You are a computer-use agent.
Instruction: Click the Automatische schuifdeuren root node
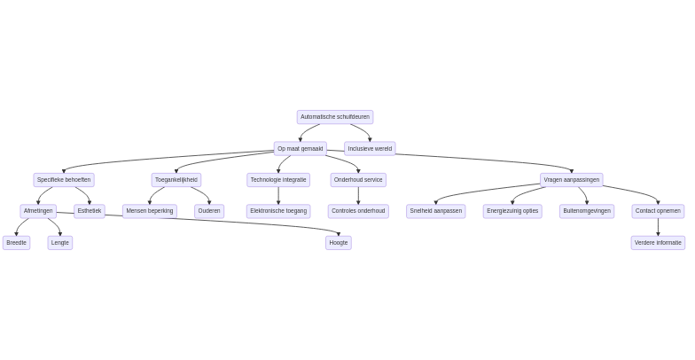coord(334,117)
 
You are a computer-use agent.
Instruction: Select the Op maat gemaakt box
coord(300,149)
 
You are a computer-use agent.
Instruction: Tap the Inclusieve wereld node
coord(370,149)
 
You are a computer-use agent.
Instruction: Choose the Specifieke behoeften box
coord(64,180)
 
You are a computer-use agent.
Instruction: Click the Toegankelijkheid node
coord(176,180)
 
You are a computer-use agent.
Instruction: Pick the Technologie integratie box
coord(278,180)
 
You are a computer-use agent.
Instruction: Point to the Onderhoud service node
coord(358,180)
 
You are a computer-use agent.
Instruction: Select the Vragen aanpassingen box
coord(572,180)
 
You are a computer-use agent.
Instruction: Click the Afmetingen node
coord(38,211)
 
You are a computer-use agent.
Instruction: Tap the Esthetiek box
coord(90,211)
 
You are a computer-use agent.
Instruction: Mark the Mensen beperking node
coord(150,211)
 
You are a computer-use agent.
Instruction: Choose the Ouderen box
coord(209,211)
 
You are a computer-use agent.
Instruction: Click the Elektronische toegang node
coord(278,211)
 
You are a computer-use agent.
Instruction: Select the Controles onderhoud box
coord(358,211)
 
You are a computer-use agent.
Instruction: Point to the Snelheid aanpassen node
coord(436,211)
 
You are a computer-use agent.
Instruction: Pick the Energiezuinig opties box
coord(512,211)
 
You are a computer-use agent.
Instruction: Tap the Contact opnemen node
coord(658,211)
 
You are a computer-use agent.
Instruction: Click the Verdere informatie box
coord(658,243)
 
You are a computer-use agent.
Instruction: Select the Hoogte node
coord(339,243)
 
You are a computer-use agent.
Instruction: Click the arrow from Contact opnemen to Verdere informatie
coord(658,227)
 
